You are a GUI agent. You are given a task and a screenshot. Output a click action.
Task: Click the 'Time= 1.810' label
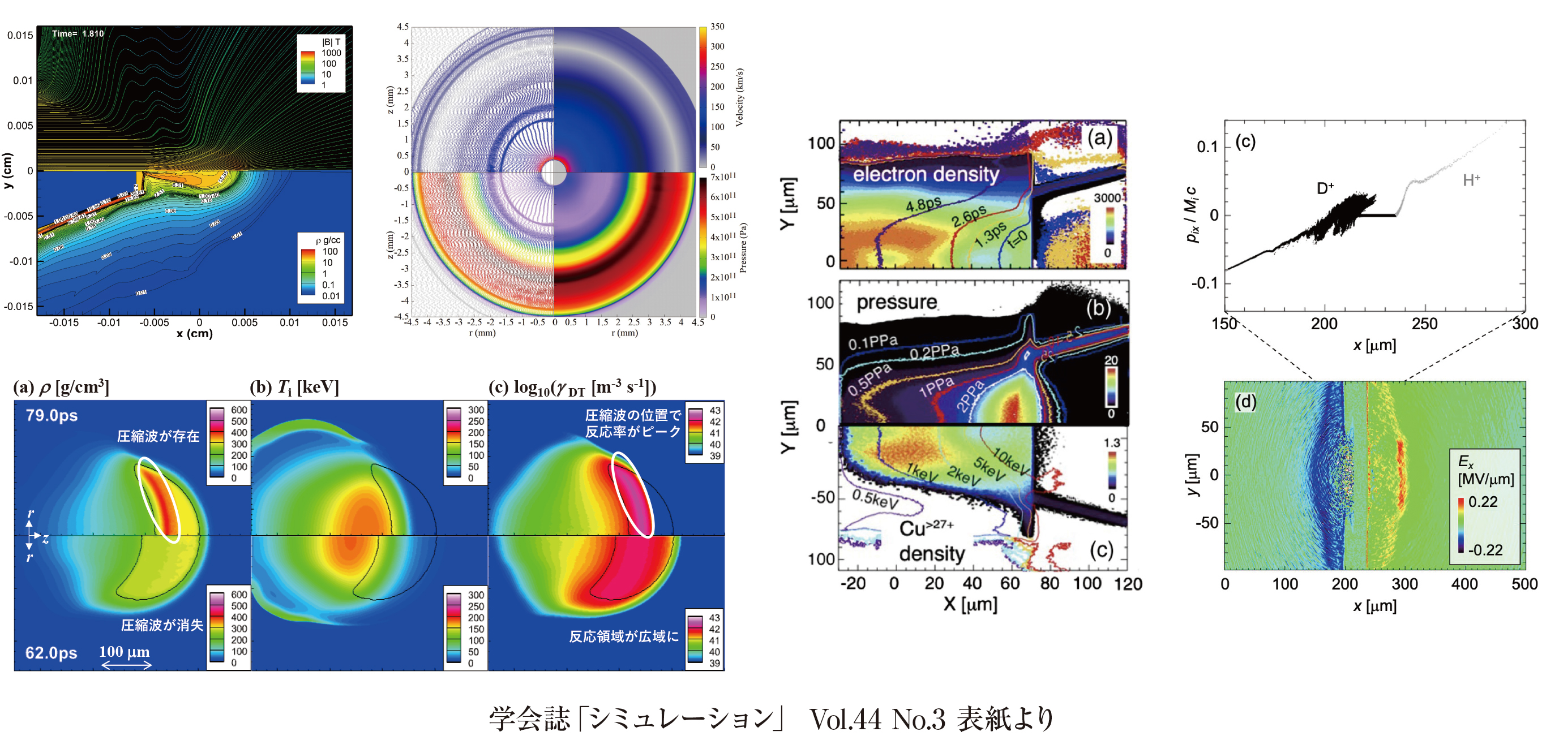78,33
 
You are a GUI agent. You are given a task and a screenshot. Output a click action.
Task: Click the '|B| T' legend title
331,42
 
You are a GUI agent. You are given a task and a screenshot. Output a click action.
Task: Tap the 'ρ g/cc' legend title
327,240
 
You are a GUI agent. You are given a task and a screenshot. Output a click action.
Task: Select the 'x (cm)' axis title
195,334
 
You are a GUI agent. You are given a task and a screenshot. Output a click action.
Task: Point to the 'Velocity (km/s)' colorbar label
740,97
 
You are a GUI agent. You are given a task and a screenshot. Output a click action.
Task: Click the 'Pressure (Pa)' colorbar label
743,248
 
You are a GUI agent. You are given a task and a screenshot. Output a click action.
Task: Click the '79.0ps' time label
52,415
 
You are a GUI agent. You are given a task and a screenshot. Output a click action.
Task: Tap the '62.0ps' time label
51,652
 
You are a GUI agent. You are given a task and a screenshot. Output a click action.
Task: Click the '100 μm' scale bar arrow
126,665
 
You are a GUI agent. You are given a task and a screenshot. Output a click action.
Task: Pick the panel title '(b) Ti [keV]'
294,387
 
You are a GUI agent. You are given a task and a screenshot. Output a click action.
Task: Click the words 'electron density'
926,174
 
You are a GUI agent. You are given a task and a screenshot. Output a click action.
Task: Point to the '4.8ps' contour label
923,205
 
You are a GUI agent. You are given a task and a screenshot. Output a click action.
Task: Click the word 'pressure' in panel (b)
896,302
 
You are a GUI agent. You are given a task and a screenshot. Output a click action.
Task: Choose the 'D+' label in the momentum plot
1325,188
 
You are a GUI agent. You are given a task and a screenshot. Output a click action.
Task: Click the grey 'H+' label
1471,180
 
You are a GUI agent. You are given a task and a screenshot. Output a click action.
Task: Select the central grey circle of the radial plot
554,172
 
